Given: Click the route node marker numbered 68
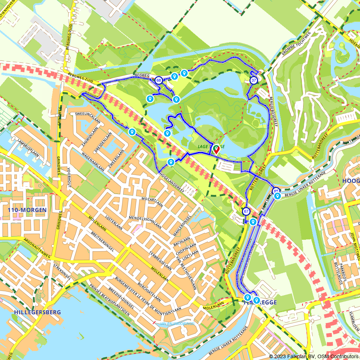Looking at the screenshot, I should pyautogui.click(x=158, y=80).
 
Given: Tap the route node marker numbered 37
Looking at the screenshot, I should pyautogui.click(x=253, y=80).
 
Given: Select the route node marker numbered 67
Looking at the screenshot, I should pyautogui.click(x=246, y=211).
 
